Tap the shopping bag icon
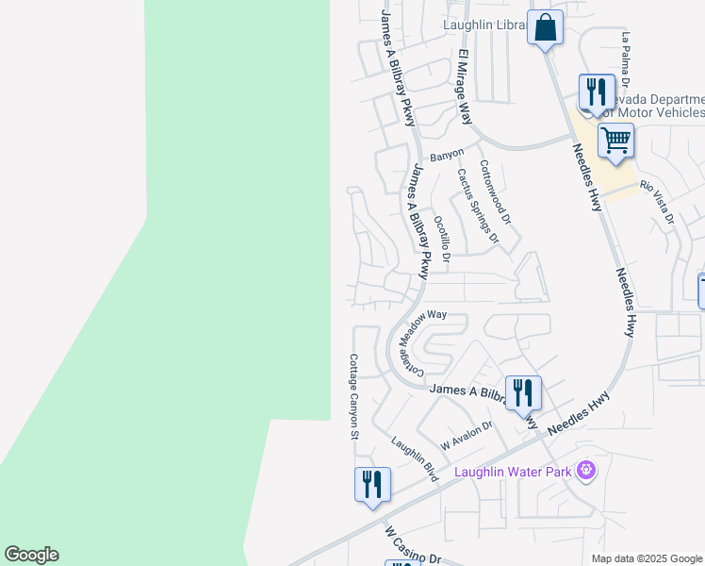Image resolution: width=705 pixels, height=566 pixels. pyautogui.click(x=545, y=27)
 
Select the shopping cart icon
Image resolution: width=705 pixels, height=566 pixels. pyautogui.click(x=615, y=141)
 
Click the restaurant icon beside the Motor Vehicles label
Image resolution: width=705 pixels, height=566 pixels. pyautogui.click(x=596, y=92)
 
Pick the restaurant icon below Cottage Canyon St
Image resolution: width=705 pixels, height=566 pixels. pyautogui.click(x=372, y=485)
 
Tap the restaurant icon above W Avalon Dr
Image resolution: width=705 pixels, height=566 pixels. pyautogui.click(x=523, y=392)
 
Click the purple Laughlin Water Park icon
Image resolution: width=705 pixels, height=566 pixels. pyautogui.click(x=586, y=469)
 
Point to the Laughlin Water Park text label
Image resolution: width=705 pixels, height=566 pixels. pyautogui.click(x=514, y=471)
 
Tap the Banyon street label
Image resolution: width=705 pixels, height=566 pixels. pyautogui.click(x=447, y=154)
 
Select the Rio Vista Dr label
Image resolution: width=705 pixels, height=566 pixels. pyautogui.click(x=658, y=202)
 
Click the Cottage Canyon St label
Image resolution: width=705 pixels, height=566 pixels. pyautogui.click(x=353, y=396)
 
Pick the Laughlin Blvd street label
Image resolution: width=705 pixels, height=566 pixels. pyautogui.click(x=415, y=459)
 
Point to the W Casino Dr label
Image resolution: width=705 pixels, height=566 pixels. pyautogui.click(x=412, y=545)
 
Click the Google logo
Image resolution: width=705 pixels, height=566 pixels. pyautogui.click(x=31, y=555)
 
